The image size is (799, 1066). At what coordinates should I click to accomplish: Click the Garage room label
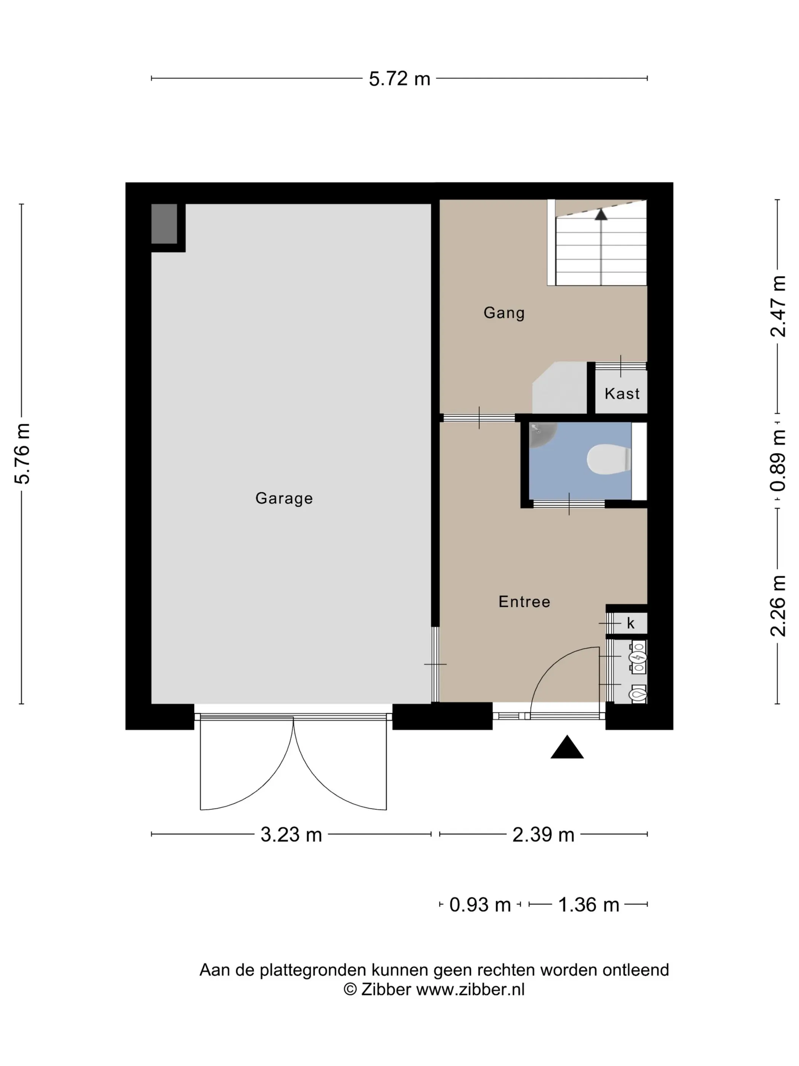tap(284, 498)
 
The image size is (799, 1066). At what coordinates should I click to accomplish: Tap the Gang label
tap(504, 313)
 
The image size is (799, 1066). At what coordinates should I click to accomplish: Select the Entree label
tap(524, 602)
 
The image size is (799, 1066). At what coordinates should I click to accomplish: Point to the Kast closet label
tap(622, 394)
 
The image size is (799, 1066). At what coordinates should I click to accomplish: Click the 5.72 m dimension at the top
tap(399, 78)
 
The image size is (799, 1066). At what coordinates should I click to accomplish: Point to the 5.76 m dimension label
tap(22, 453)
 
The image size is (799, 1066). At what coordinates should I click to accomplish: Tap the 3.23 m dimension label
tap(291, 835)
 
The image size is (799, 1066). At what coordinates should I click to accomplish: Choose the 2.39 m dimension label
tap(543, 835)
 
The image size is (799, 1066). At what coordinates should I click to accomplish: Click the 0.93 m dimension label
tap(480, 905)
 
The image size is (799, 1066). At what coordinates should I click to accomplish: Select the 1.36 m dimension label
tap(589, 905)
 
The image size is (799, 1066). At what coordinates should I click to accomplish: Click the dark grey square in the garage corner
tap(164, 223)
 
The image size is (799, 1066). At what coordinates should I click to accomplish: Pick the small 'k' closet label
tap(630, 624)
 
